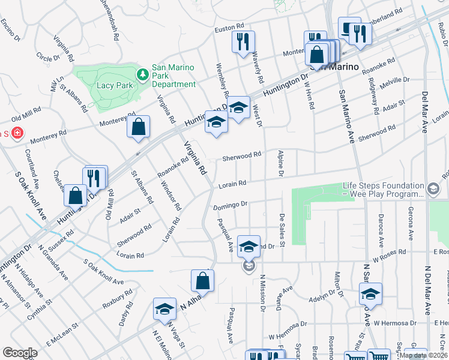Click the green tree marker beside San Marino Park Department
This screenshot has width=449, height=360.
click(143, 75)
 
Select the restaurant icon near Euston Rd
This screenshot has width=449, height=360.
click(243, 42)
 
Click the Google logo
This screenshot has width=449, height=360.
click(20, 352)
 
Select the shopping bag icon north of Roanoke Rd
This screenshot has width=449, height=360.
click(138, 127)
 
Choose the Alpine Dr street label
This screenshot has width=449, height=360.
click(280, 164)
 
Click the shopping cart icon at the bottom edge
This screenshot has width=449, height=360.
click(378, 355)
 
